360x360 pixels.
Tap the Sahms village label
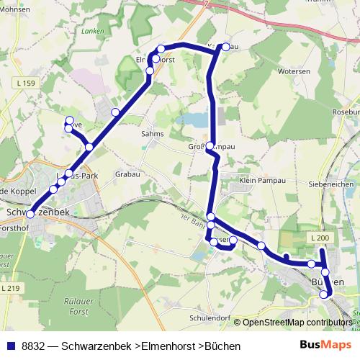click(x=153, y=134)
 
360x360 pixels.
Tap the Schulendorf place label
click(x=208, y=317)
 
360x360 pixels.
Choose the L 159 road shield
click(x=24, y=84)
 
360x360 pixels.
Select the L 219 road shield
click(x=10, y=288)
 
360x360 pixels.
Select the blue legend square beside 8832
click(x=10, y=346)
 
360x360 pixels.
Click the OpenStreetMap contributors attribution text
click(x=297, y=323)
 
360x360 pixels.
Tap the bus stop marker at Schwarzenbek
click(x=30, y=214)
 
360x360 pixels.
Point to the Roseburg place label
click(x=345, y=113)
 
